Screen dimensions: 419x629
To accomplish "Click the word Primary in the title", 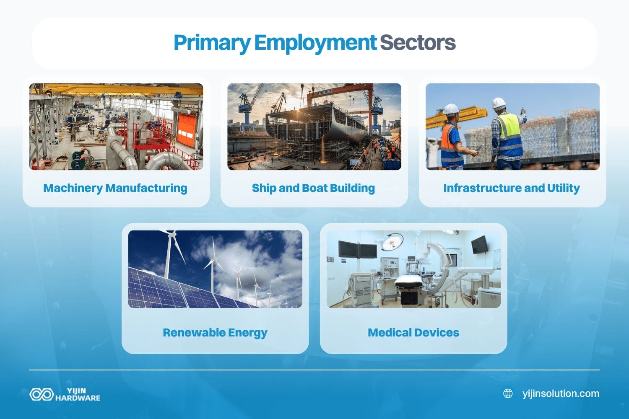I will click(x=212, y=43).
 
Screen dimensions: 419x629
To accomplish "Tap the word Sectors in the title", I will click(x=417, y=43).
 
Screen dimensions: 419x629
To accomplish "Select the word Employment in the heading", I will click(x=315, y=43).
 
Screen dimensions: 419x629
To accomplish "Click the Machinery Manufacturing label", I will click(x=115, y=188).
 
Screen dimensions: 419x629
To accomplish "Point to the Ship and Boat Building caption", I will click(x=313, y=188).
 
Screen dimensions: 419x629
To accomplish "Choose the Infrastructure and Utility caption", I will click(x=512, y=188).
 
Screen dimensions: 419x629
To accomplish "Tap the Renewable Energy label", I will click(x=215, y=333).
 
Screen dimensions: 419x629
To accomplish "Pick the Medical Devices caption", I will click(x=413, y=333).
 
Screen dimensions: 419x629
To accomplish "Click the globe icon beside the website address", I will click(x=508, y=393).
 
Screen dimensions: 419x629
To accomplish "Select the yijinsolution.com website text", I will click(x=561, y=393).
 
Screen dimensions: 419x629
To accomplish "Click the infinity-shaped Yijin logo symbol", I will click(x=42, y=394).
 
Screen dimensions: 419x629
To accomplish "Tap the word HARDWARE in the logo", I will click(x=78, y=398).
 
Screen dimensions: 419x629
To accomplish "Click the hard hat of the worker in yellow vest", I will click(x=499, y=103).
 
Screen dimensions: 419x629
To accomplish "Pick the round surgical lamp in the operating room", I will click(x=392, y=241).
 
